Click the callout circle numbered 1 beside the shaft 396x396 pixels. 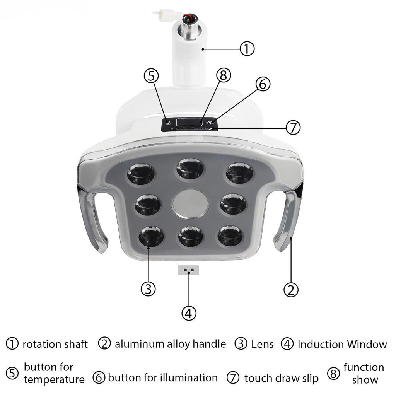(247, 49)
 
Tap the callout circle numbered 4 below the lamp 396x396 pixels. (188, 313)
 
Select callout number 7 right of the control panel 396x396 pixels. (293, 127)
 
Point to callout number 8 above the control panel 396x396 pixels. (223, 76)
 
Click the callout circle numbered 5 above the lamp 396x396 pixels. (151, 76)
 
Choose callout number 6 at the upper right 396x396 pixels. (263, 84)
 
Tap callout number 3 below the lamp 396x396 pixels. (148, 288)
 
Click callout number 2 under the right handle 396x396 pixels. (291, 289)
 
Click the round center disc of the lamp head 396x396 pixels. (190, 203)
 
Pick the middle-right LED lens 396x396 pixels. (233, 204)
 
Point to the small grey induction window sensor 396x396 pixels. (188, 270)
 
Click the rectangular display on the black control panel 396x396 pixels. (189, 122)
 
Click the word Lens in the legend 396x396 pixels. (262, 344)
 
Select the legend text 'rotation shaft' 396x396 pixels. (55, 344)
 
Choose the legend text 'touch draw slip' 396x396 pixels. (282, 378)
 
